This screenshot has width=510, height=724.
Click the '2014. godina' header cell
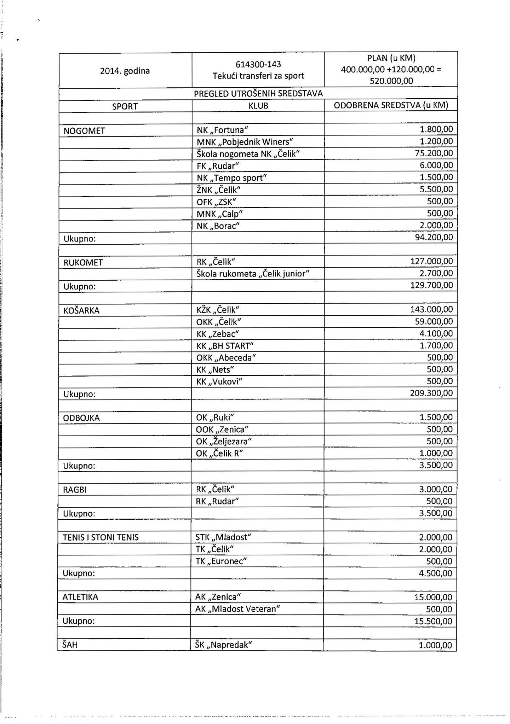point(125,71)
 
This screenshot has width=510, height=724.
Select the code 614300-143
point(258,64)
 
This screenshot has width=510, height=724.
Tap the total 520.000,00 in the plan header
point(391,81)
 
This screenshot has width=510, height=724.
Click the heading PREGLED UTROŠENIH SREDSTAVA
point(258,94)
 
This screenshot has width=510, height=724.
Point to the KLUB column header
point(258,106)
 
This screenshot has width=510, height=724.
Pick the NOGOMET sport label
point(84,131)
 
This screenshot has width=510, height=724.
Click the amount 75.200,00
point(434,153)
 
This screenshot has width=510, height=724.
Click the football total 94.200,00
point(434,237)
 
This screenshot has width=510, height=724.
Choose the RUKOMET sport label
point(83,263)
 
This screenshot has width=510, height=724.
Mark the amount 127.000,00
point(431,262)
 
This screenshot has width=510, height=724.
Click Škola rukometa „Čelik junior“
point(253,274)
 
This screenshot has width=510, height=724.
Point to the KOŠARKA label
point(81,311)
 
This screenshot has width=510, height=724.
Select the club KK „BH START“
point(225,346)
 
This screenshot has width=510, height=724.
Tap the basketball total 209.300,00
point(431,393)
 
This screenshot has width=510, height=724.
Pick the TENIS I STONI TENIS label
point(101,538)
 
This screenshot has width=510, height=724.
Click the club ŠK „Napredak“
point(223,645)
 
